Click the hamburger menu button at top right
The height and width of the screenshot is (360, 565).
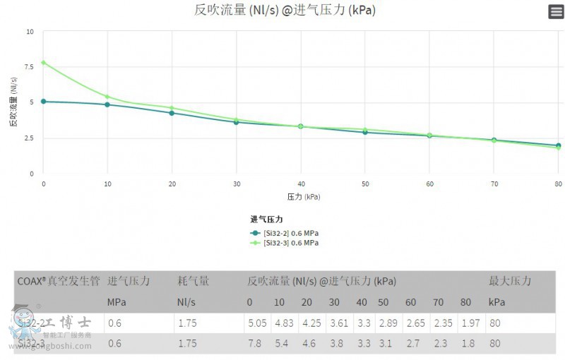point(556,11)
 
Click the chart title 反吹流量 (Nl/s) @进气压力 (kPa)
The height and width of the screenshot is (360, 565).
point(285,11)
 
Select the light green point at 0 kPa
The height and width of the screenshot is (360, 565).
point(44,63)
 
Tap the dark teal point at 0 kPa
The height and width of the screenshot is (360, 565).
point(44,102)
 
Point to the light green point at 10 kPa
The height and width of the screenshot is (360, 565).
point(107,97)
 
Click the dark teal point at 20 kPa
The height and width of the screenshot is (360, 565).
point(172,113)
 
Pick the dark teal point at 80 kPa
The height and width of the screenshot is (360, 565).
point(558,145)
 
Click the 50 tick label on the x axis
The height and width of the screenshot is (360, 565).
point(364,184)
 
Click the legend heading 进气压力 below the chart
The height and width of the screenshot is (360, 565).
point(266,220)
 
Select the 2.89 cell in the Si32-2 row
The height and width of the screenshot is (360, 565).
point(388,323)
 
